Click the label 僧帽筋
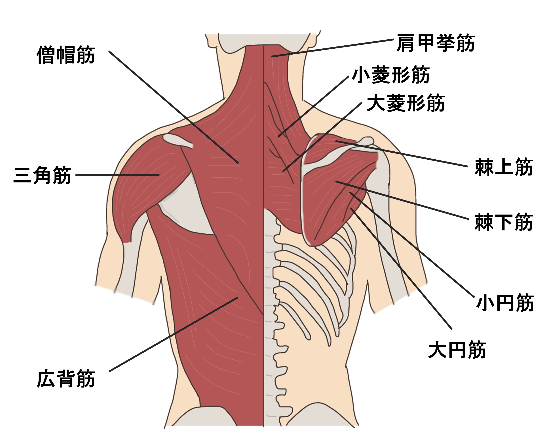[66, 55]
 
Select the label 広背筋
[66, 379]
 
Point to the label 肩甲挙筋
[436, 43]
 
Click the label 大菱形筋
[406, 103]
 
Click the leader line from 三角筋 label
[117, 175]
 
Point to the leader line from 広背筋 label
[173, 335]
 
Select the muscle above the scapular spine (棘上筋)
[328, 147]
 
